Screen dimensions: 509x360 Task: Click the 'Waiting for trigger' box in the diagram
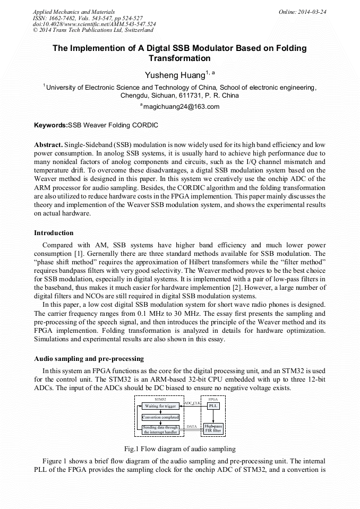[160, 406]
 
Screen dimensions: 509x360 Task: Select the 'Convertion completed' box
[160, 417]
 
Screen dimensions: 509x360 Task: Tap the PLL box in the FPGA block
[213, 406]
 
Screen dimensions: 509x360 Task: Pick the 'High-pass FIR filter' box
[213, 428]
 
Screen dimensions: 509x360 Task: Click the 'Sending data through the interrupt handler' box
[160, 429]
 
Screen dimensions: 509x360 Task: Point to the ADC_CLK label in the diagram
[192, 403]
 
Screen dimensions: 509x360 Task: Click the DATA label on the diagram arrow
[192, 426]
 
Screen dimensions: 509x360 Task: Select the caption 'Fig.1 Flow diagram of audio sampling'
[180, 448]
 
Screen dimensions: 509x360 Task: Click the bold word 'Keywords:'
[51, 126]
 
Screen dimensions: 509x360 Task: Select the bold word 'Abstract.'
[48, 145]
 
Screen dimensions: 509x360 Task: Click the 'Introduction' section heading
[54, 232]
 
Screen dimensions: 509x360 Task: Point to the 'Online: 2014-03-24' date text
[302, 12]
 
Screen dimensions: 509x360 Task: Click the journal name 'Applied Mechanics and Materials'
[73, 12]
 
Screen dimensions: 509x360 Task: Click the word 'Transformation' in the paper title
[179, 58]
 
